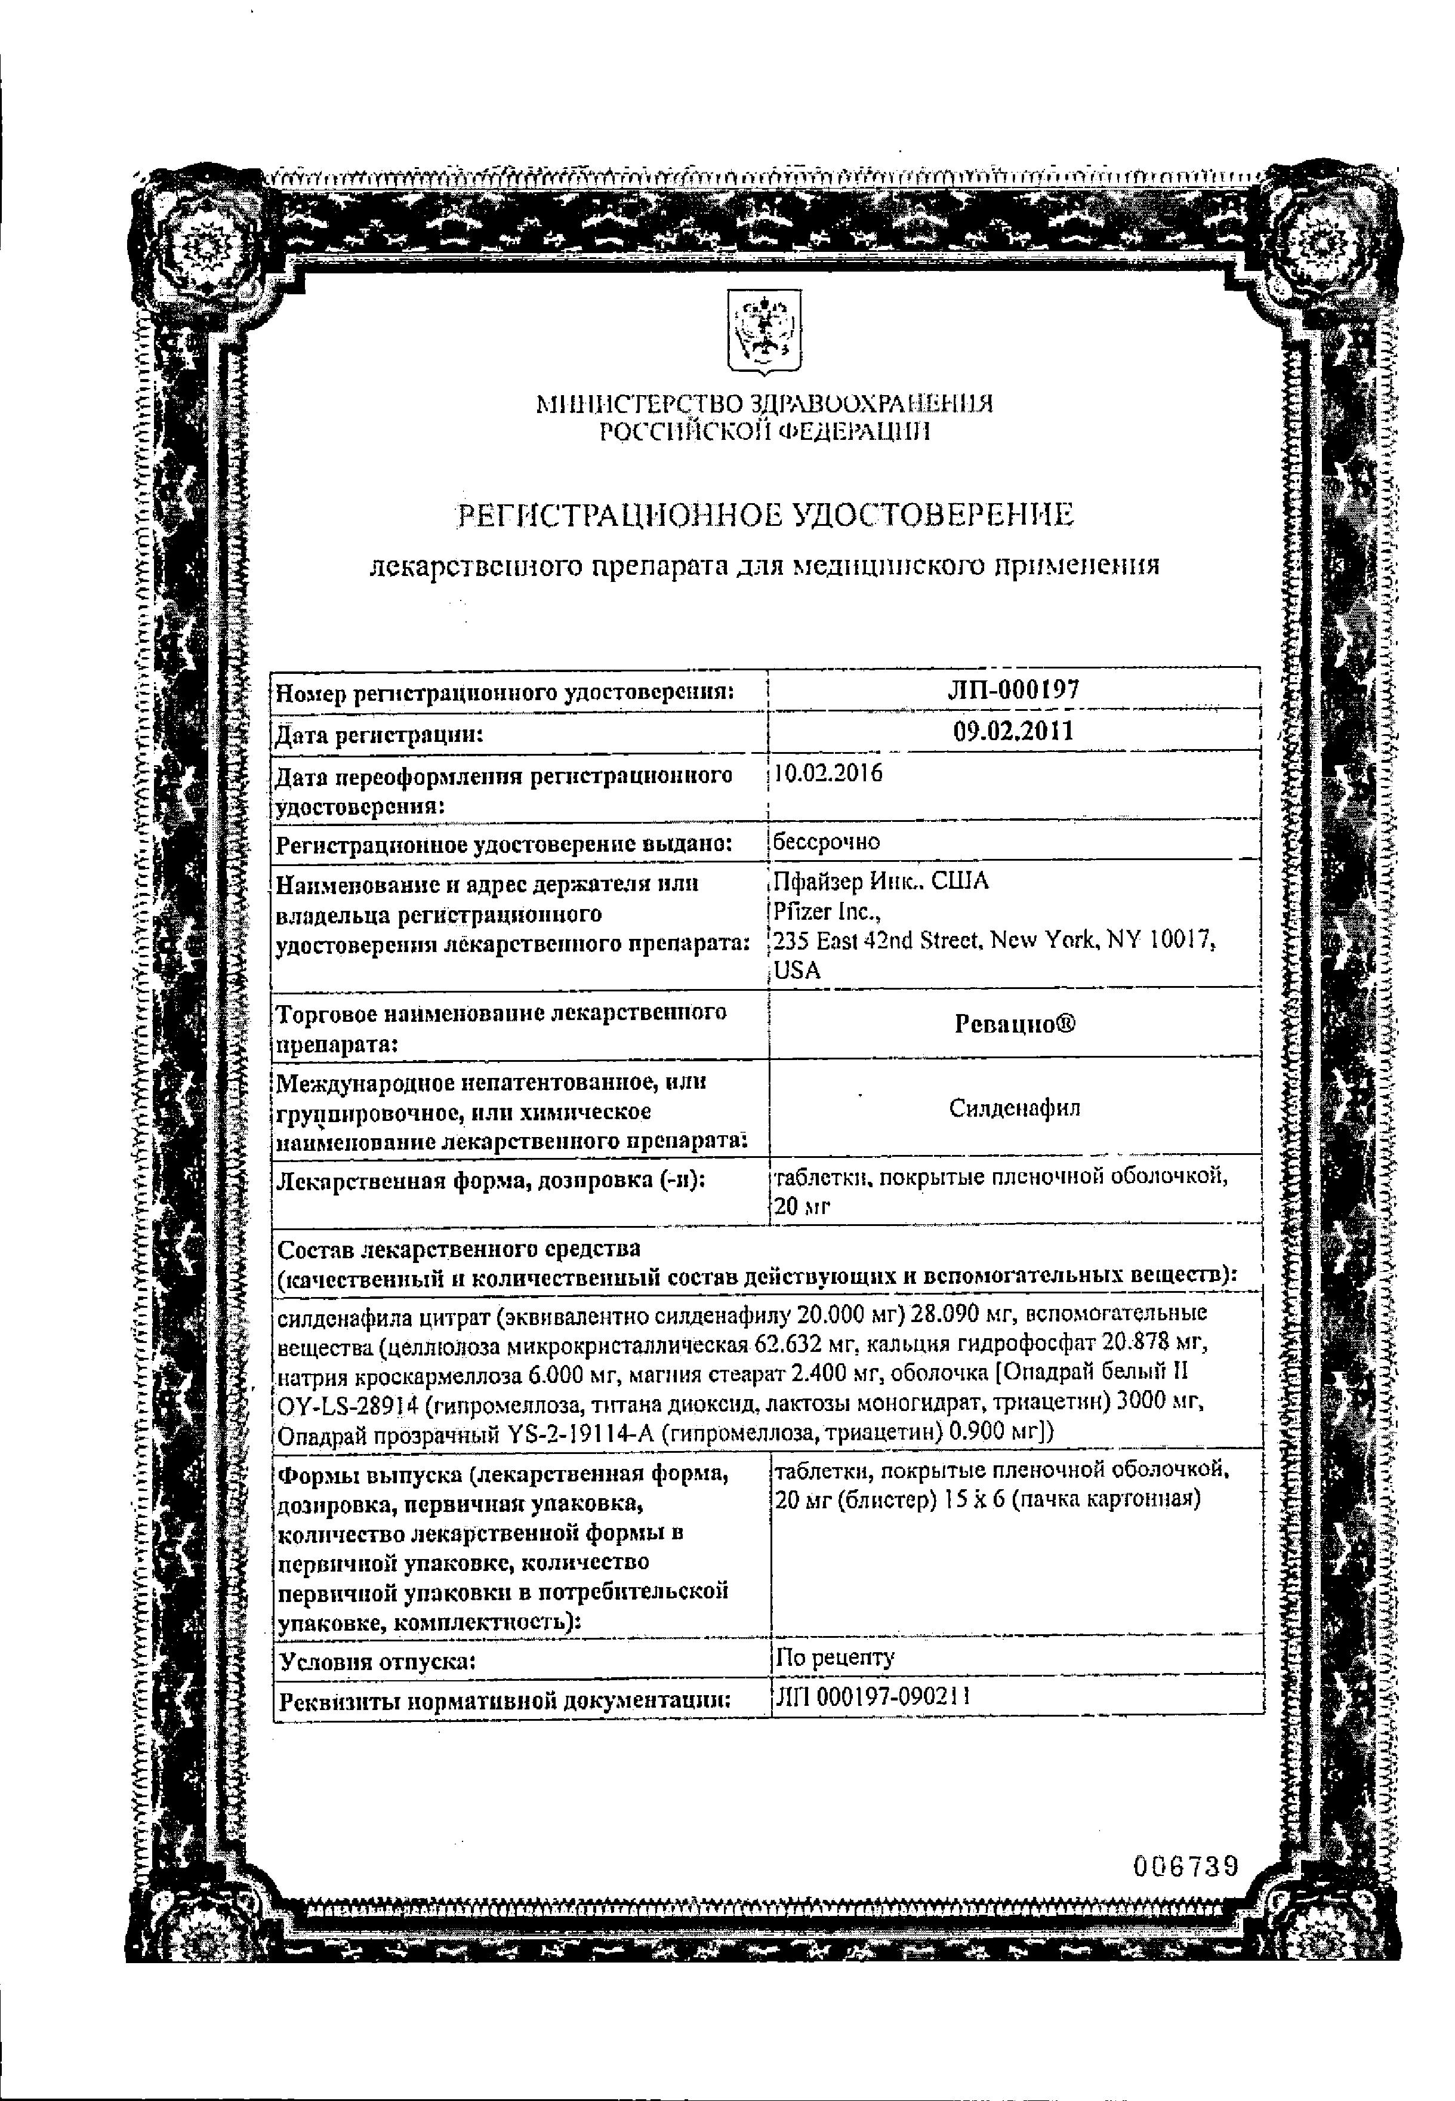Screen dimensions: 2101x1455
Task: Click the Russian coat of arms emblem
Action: click(763, 330)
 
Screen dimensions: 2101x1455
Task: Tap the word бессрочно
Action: click(826, 842)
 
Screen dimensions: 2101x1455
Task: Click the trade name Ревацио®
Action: click(1015, 1024)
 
